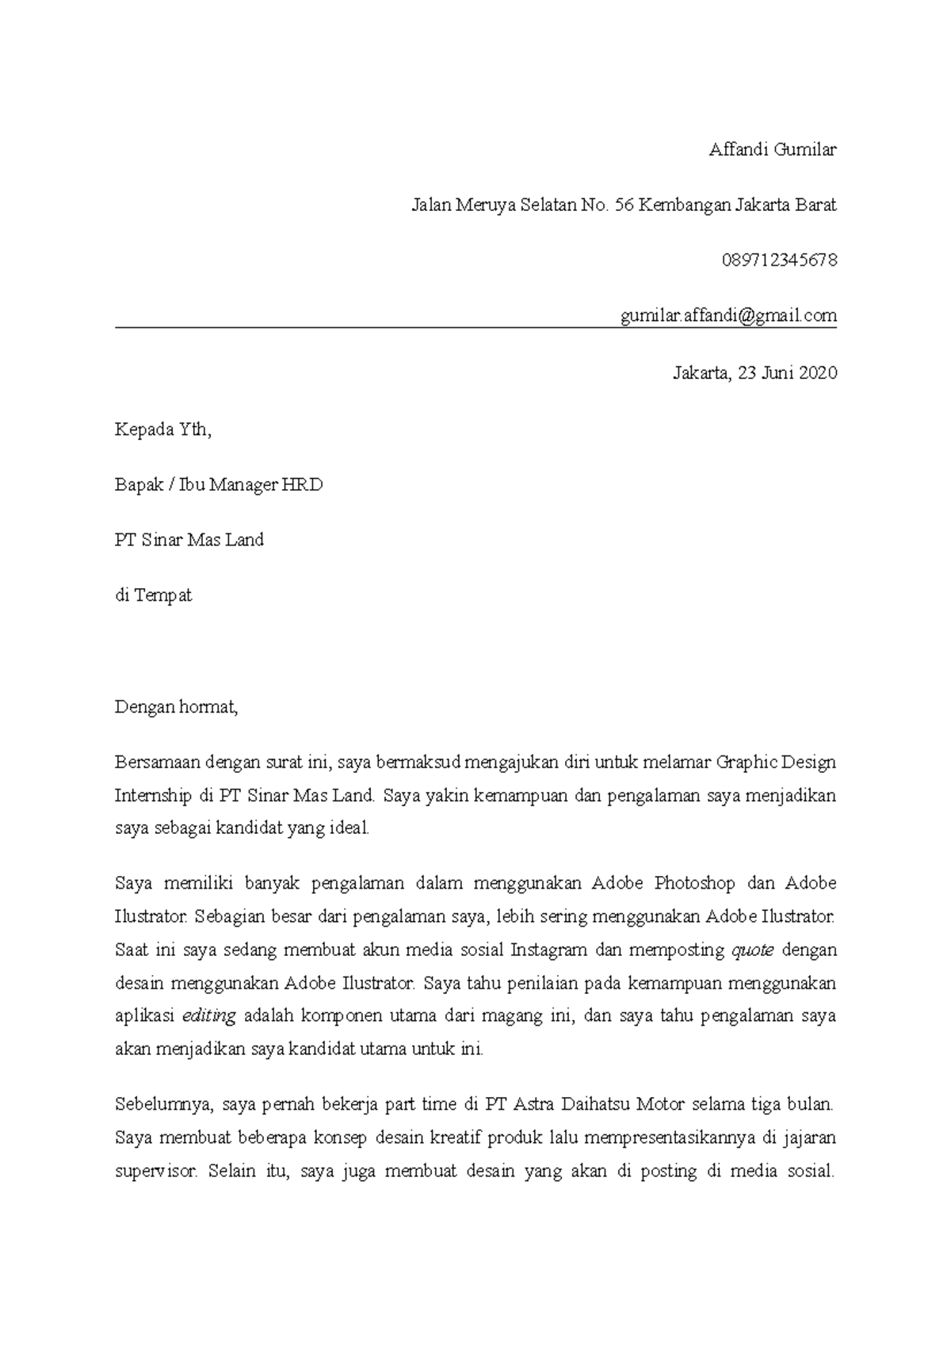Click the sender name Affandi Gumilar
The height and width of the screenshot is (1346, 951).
click(772, 150)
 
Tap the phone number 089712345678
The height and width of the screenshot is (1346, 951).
click(779, 261)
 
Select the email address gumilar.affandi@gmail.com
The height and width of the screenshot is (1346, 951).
click(728, 316)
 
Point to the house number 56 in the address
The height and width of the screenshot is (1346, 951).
click(624, 205)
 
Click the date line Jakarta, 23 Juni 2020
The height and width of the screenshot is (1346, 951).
click(754, 373)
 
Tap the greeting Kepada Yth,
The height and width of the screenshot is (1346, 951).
click(163, 430)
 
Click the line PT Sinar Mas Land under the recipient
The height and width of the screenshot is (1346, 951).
click(189, 541)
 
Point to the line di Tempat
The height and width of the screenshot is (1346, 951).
click(153, 595)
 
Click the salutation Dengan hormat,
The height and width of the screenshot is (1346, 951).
click(176, 707)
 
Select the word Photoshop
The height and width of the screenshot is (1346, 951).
click(696, 883)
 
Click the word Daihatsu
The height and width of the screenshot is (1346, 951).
click(597, 1103)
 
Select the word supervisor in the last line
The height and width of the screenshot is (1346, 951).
click(155, 1172)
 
